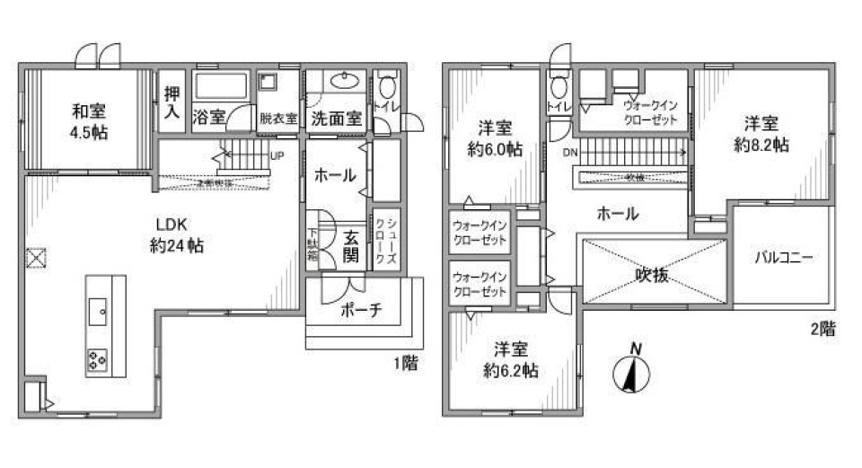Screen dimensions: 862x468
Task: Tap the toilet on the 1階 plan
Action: tap(387, 87)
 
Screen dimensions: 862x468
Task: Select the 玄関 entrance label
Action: tap(351, 247)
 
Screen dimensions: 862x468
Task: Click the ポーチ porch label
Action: tap(362, 310)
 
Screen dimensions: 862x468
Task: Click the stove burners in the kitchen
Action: tap(97, 360)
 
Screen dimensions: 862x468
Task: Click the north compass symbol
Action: tap(635, 372)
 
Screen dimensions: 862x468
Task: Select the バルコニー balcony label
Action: tap(783, 258)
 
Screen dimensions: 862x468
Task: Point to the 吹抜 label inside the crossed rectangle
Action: tap(652, 276)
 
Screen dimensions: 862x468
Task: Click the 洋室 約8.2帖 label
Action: tap(764, 134)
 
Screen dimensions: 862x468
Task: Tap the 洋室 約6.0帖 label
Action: tap(495, 138)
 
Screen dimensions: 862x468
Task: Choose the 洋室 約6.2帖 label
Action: tap(513, 359)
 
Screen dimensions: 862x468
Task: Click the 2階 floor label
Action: tap(822, 330)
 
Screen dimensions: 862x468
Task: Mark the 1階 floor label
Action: tap(405, 363)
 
